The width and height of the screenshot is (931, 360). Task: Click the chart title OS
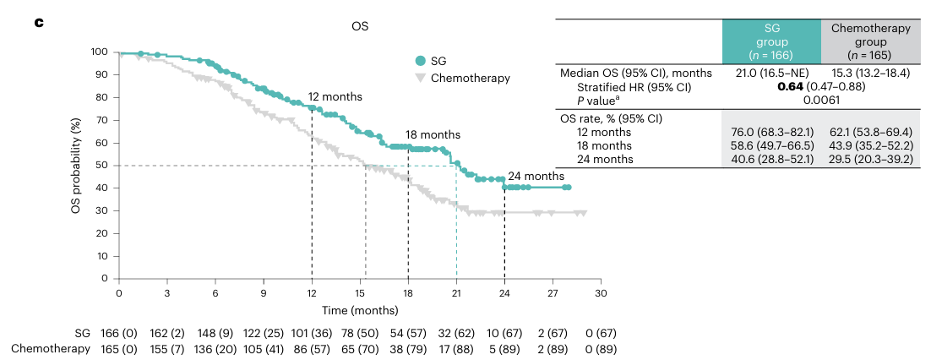pos(360,25)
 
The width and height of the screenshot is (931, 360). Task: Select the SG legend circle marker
pos(419,61)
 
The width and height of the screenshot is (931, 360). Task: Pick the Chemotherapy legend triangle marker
pos(419,79)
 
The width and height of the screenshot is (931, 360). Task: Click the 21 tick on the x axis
pos(456,292)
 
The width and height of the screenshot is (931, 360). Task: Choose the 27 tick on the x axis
pos(553,292)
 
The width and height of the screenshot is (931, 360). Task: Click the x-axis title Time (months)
pos(359,312)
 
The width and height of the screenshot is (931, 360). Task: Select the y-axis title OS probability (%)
pos(76,166)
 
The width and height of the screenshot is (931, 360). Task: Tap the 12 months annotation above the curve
pos(335,96)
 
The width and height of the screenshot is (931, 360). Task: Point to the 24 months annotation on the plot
pos(536,176)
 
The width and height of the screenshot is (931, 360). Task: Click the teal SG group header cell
pos(771,41)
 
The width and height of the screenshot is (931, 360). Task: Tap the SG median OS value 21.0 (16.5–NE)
pos(771,74)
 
